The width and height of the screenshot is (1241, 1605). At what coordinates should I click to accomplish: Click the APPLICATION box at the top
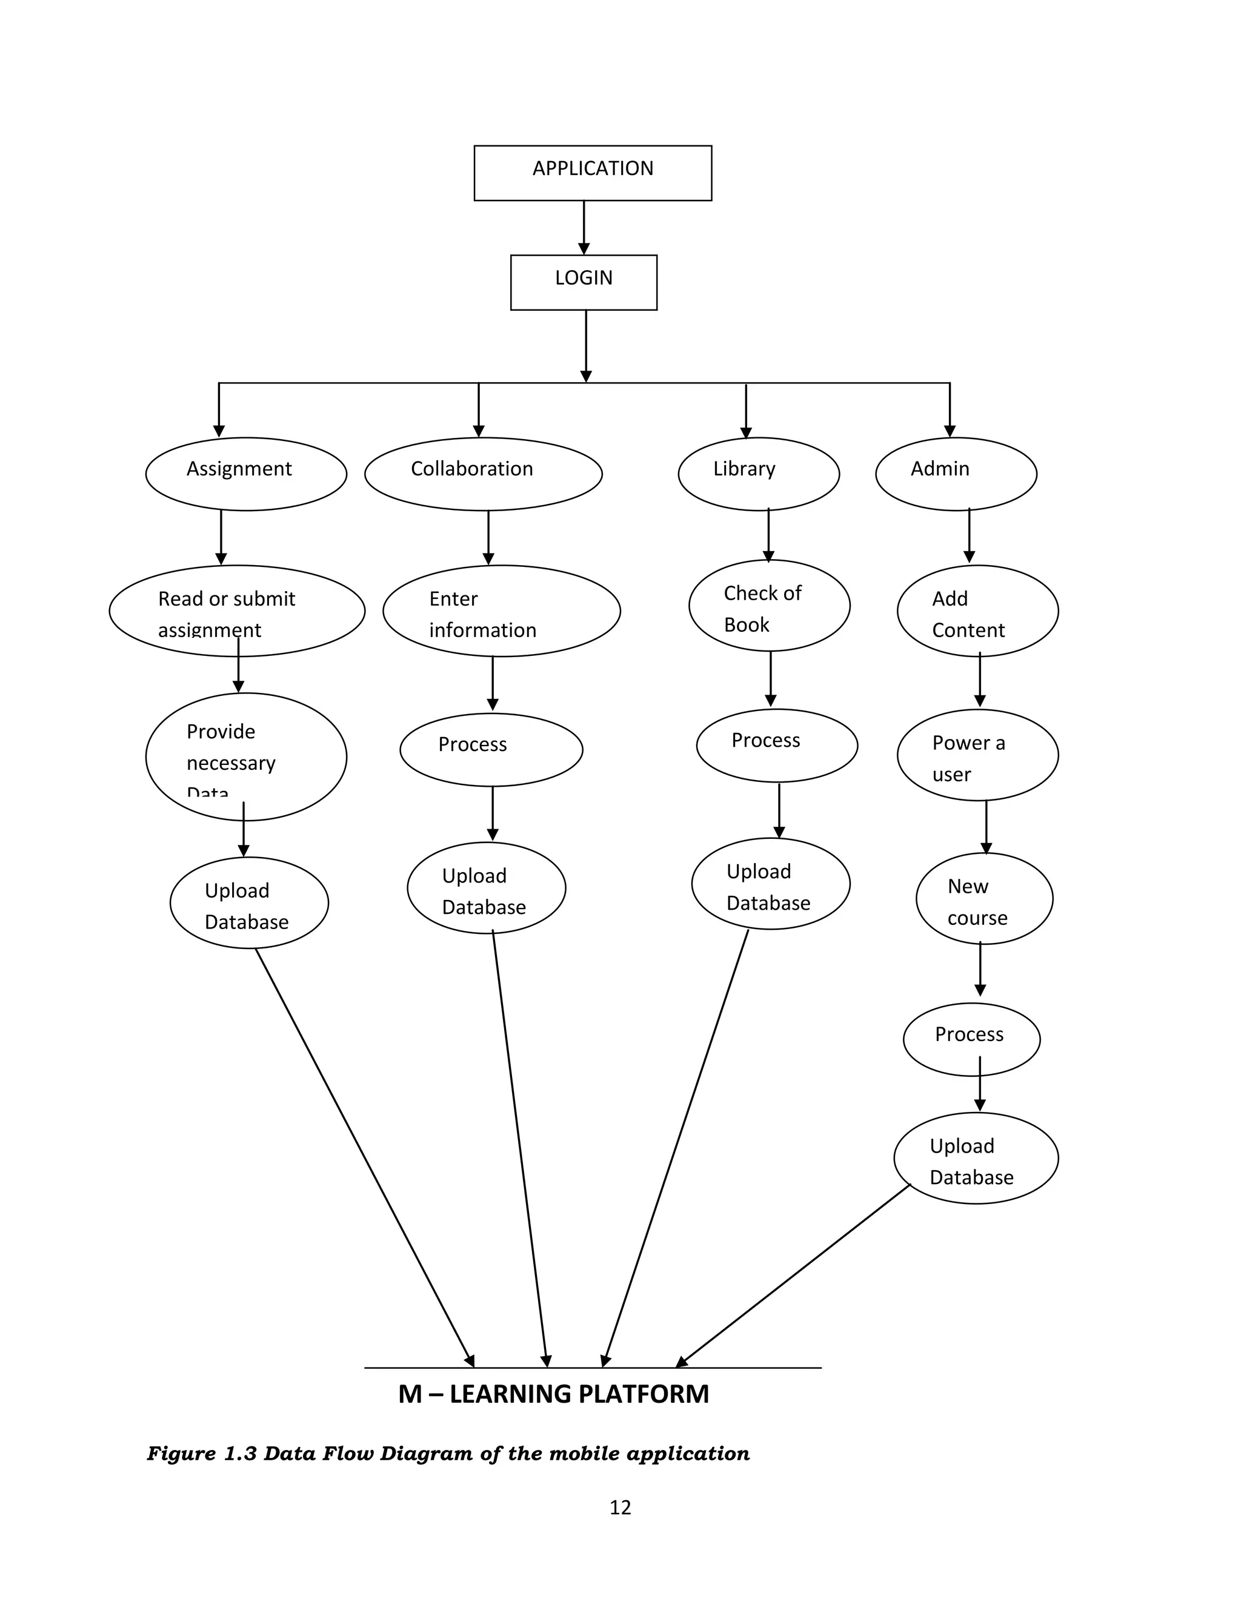click(x=593, y=173)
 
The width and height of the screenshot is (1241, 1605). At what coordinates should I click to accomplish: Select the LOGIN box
click(x=584, y=282)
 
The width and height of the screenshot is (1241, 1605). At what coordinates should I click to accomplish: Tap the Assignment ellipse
click(x=245, y=474)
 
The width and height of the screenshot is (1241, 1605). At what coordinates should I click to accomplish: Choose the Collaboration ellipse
click(x=483, y=474)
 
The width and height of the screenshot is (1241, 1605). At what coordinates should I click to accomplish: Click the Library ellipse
click(x=758, y=474)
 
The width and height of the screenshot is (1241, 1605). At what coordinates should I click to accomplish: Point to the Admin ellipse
click(x=956, y=474)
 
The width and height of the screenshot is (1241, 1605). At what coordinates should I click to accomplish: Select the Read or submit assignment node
click(x=237, y=611)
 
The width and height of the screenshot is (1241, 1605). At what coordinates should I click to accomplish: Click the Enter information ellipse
click(x=501, y=611)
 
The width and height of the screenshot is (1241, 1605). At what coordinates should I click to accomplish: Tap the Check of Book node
click(x=769, y=606)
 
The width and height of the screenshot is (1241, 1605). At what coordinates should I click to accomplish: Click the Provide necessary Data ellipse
click(x=245, y=756)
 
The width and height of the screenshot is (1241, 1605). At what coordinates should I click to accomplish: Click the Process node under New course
click(x=971, y=1039)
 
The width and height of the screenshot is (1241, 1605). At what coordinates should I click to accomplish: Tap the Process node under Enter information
click(x=491, y=750)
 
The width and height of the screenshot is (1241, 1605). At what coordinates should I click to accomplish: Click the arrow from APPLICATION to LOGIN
click(x=584, y=228)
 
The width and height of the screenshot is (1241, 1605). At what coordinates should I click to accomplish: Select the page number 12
click(x=620, y=1508)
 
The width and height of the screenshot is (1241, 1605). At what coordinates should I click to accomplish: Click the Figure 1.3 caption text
click(x=448, y=1454)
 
